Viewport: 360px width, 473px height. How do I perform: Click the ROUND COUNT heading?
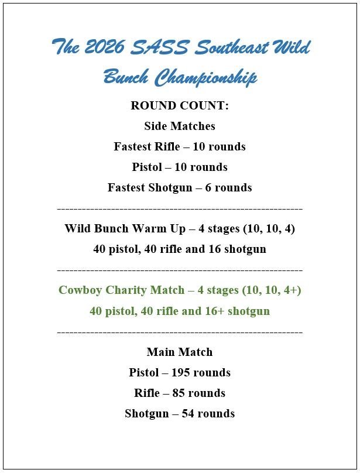(180, 106)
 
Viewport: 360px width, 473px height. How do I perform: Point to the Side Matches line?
(180, 126)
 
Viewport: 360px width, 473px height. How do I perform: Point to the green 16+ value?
(217, 311)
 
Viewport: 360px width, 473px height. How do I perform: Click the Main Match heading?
(180, 352)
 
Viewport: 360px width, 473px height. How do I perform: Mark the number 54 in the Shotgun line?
(190, 414)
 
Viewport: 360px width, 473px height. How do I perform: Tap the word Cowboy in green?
(79, 290)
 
